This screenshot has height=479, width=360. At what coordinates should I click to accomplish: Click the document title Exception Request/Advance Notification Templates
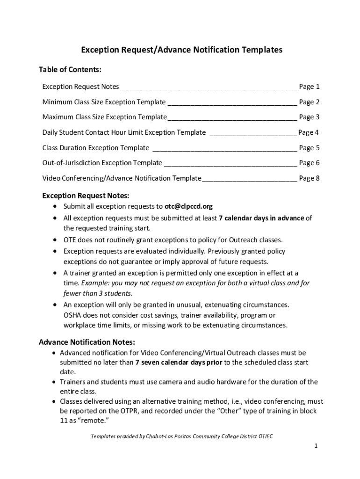[x=182, y=50]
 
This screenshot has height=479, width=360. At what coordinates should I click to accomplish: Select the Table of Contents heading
[x=70, y=70]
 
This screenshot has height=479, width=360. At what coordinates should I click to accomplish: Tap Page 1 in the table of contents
[x=309, y=87]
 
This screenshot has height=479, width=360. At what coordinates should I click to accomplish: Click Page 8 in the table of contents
[x=309, y=178]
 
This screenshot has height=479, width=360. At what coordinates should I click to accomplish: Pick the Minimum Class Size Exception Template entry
[x=104, y=102]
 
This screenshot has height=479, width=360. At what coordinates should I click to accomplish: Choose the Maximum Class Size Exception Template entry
[x=104, y=117]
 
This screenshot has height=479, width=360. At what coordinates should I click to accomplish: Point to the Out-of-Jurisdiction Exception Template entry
[x=102, y=163]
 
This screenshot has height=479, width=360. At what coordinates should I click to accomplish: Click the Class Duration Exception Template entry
[x=96, y=148]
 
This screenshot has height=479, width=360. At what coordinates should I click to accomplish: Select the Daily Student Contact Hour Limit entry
[x=124, y=132]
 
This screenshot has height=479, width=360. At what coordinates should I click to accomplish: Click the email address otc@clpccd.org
[x=188, y=206]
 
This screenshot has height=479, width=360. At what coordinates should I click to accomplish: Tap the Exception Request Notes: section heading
[x=86, y=196]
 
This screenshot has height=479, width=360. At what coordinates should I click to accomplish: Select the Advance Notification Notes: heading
[x=87, y=342]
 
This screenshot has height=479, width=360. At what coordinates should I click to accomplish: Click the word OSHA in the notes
[x=73, y=315]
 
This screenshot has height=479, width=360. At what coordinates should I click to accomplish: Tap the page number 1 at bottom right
[x=316, y=446]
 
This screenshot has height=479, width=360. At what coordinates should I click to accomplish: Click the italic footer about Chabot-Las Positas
[x=181, y=436]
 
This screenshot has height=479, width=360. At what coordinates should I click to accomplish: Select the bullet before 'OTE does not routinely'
[x=56, y=240]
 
